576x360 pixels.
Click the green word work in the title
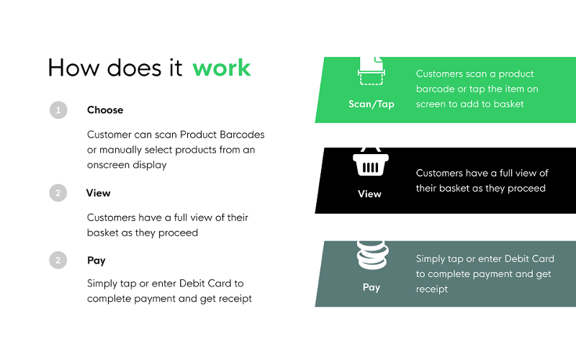[x=222, y=68]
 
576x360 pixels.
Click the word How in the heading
[x=73, y=68]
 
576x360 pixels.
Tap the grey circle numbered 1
[x=58, y=110]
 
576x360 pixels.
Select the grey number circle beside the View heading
[x=58, y=193]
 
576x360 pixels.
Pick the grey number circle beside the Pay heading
[x=58, y=260]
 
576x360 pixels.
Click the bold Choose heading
[x=105, y=110]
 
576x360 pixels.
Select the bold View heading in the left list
[x=98, y=193]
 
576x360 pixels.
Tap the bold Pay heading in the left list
[x=96, y=261]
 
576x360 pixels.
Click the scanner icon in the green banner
[x=372, y=71]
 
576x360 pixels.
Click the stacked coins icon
[x=372, y=255]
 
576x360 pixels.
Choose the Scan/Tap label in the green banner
[x=372, y=104]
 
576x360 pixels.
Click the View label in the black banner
[x=369, y=194]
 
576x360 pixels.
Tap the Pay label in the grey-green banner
[x=372, y=287]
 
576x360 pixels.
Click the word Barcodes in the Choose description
[x=242, y=135]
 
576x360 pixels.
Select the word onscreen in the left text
[x=109, y=165]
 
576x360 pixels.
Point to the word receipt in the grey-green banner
[x=432, y=289]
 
